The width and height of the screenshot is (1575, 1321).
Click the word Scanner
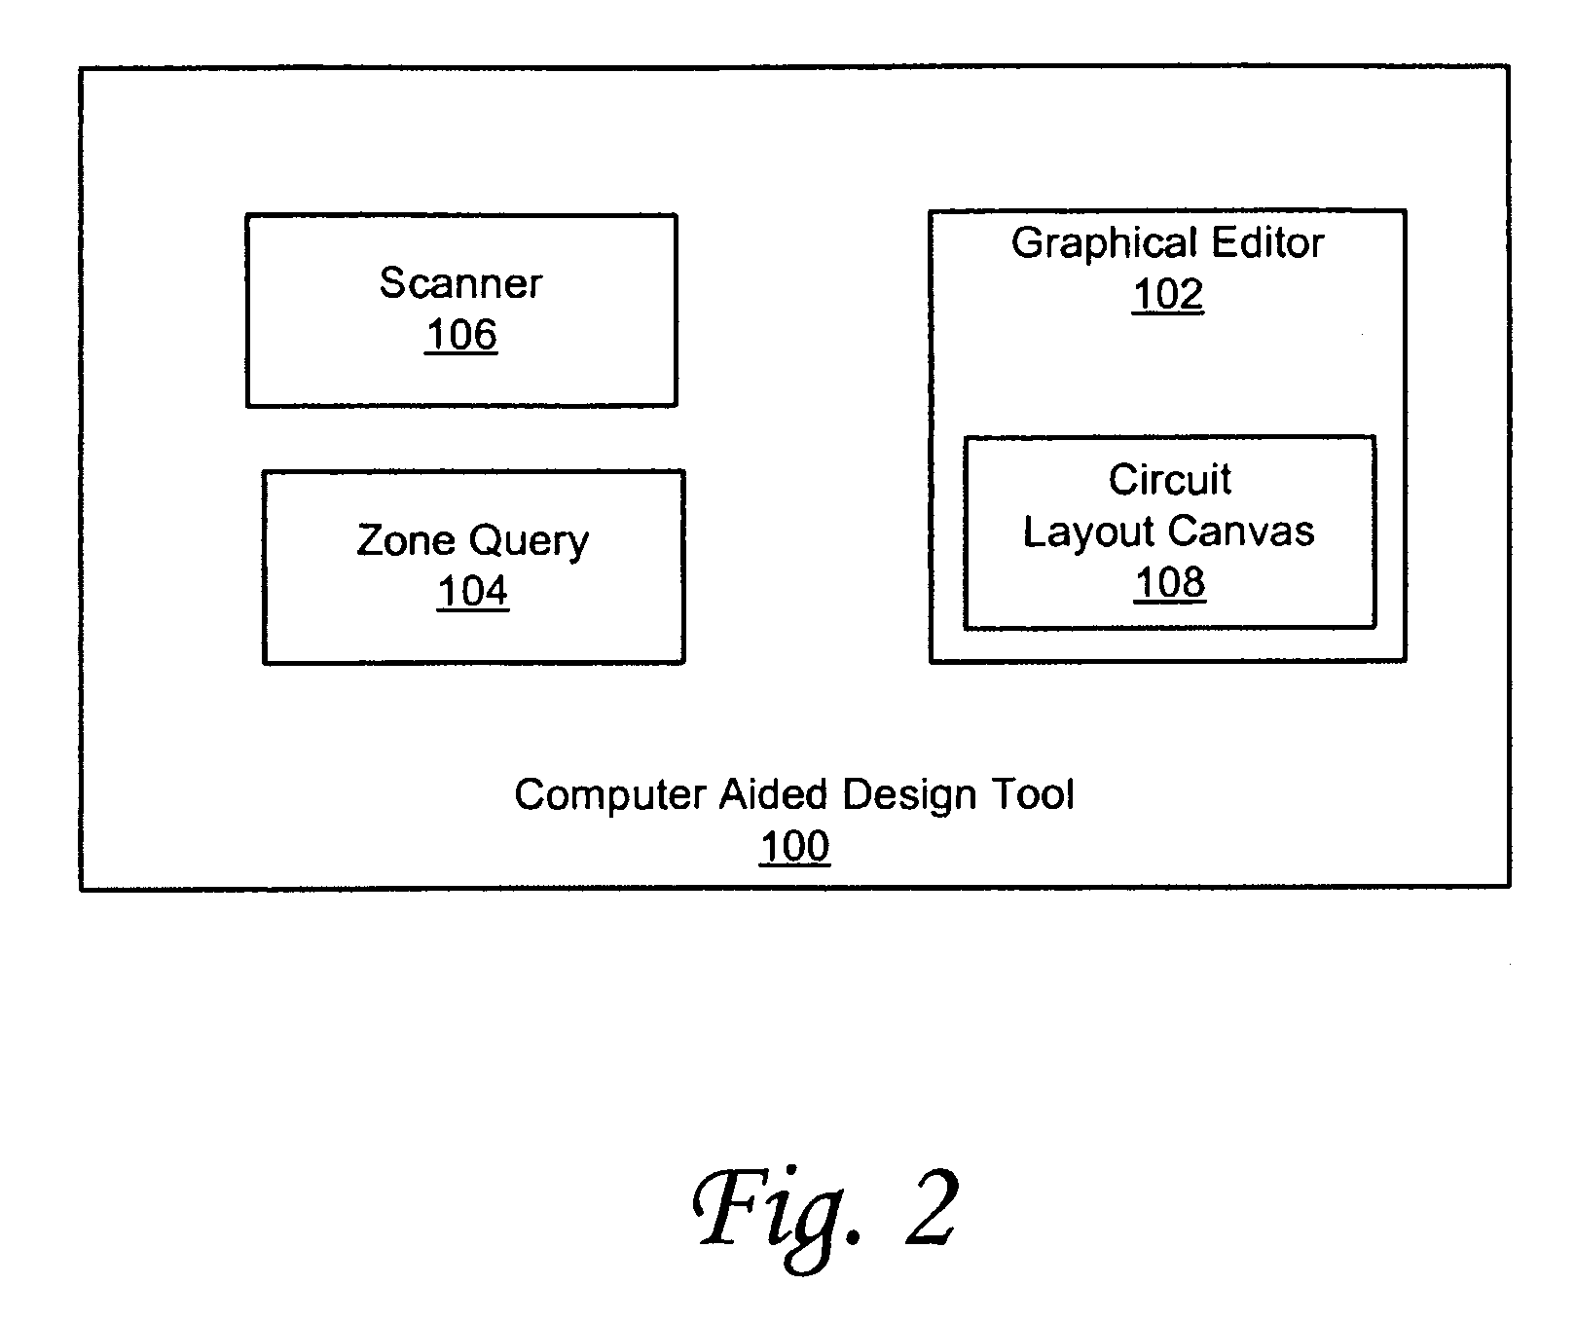(460, 283)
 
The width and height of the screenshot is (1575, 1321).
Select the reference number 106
(461, 335)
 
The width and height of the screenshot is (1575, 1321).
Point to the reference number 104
(473, 591)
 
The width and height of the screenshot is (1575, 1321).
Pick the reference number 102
(1167, 294)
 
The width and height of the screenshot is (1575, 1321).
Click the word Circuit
(1170, 479)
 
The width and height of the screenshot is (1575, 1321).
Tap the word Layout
(1089, 532)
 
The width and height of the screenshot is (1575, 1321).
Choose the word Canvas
(1242, 531)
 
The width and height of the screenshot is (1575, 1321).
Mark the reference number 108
(1170, 582)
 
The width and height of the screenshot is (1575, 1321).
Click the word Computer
(609, 796)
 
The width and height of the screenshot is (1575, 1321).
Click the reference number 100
(794, 846)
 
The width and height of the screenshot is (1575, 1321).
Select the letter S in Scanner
(391, 283)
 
